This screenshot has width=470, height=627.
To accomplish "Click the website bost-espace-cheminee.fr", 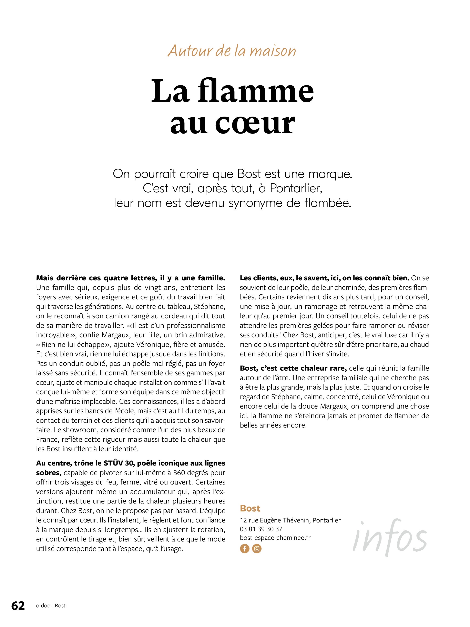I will click(275, 538).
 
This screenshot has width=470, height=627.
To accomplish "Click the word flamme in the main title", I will click(256, 91).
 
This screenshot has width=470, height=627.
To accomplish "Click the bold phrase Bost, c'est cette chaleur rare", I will click(293, 368).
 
